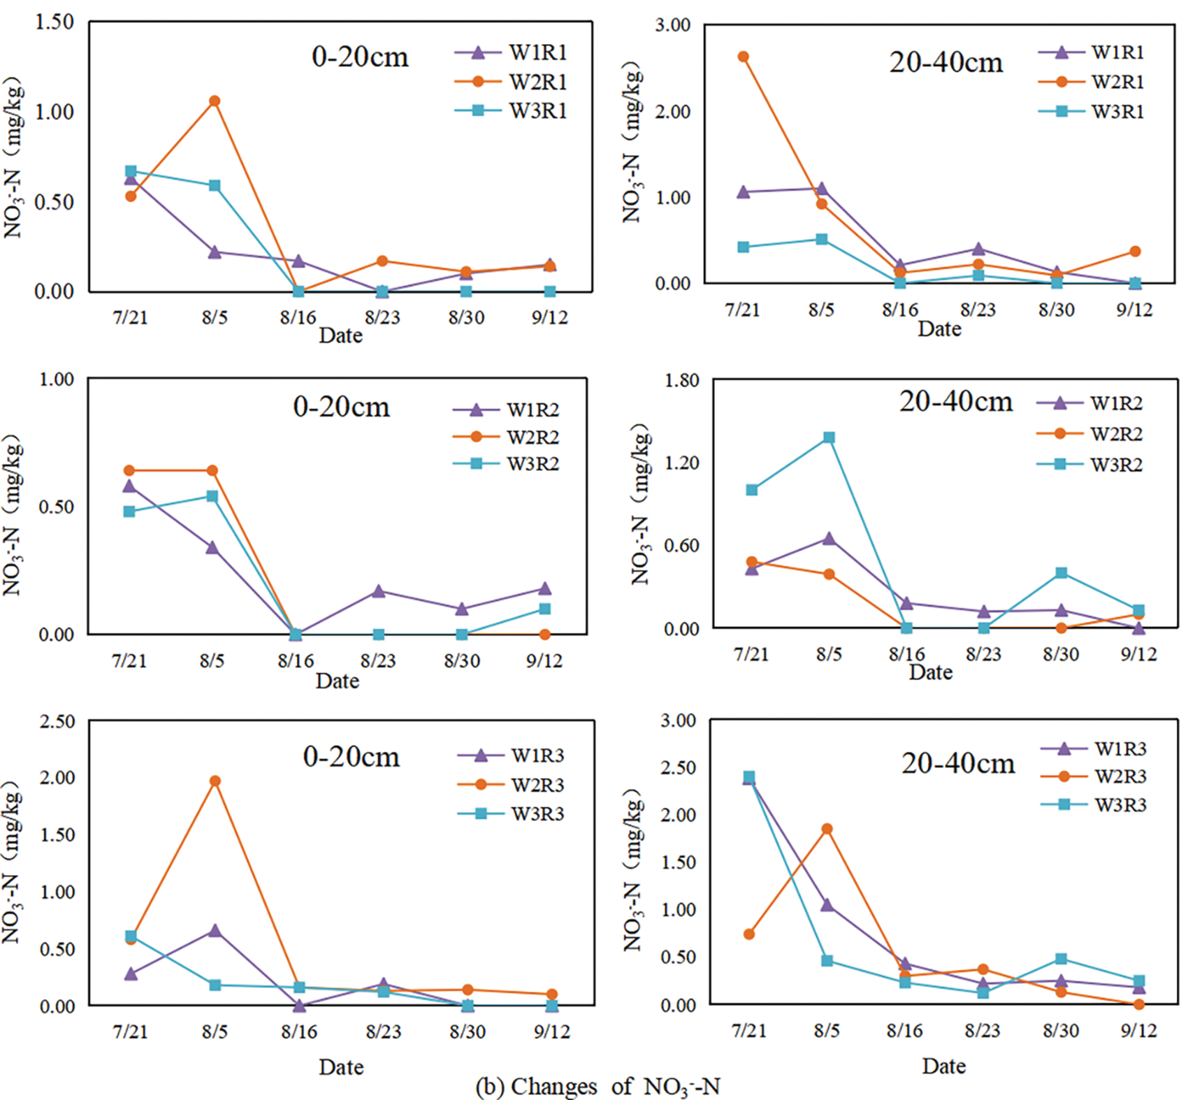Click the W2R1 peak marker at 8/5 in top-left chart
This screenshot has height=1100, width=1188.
[x=215, y=101]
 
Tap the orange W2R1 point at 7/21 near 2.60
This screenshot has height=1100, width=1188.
[x=744, y=57]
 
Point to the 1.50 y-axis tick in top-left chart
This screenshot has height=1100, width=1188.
[x=55, y=22]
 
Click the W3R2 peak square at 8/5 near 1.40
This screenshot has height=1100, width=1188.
[x=829, y=437]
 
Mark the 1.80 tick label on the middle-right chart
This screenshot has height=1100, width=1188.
[x=681, y=380]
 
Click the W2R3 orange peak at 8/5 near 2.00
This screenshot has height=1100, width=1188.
[x=215, y=781]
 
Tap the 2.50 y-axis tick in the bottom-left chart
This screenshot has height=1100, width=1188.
[x=57, y=721]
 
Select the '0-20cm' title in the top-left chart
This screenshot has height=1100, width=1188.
[x=360, y=57]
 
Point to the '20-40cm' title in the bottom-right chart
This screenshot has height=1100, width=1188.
[x=958, y=763]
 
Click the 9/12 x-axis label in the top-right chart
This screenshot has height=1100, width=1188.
[x=1133, y=310]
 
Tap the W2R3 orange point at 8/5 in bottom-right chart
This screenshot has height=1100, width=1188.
[x=827, y=829]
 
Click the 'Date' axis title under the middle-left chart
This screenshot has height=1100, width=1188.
[x=337, y=681]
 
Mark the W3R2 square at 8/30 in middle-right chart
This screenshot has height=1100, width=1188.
[x=1062, y=573]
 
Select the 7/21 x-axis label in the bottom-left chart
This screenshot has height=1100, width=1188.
[x=131, y=1032]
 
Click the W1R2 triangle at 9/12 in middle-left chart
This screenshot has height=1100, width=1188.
[x=544, y=588]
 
